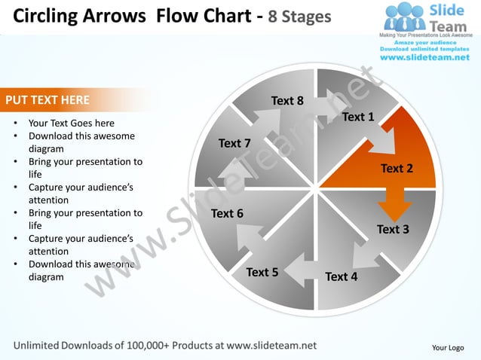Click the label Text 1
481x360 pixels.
[x=358, y=117]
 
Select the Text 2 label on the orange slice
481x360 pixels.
[x=397, y=168]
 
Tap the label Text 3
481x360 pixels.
[x=393, y=229]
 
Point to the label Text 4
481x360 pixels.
[x=341, y=276]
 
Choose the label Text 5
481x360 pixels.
[x=262, y=272]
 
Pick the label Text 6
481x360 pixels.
[x=227, y=213]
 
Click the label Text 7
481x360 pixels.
[x=234, y=143]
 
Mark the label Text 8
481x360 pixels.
[x=287, y=100]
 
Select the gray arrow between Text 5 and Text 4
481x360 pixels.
[x=299, y=270]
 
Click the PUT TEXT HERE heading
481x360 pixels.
[x=47, y=99]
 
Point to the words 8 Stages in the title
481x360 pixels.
[x=296, y=16]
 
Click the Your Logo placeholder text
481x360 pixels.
[x=447, y=347]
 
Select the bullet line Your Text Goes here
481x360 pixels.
[x=72, y=123]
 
